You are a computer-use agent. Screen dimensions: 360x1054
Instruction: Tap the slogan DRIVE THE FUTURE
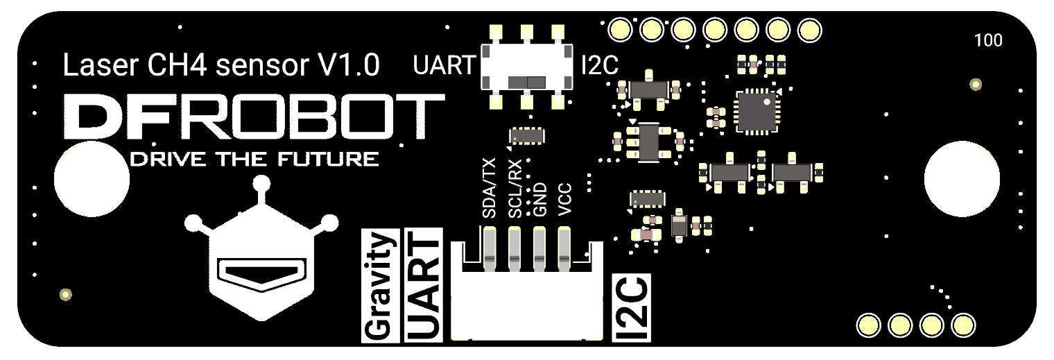pos(254,160)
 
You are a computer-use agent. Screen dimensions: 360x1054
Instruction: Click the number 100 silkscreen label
pos(988,41)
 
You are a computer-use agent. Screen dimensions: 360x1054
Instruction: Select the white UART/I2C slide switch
pos(527,67)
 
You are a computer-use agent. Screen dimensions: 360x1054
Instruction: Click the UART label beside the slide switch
pos(444,67)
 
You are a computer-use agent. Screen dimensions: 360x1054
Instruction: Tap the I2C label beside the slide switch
pos(599,67)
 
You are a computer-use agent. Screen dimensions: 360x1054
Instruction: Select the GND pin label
pos(541,199)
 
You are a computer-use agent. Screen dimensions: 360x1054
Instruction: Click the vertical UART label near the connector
pos(424,284)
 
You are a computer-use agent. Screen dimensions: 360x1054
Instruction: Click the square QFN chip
pos(757,110)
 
